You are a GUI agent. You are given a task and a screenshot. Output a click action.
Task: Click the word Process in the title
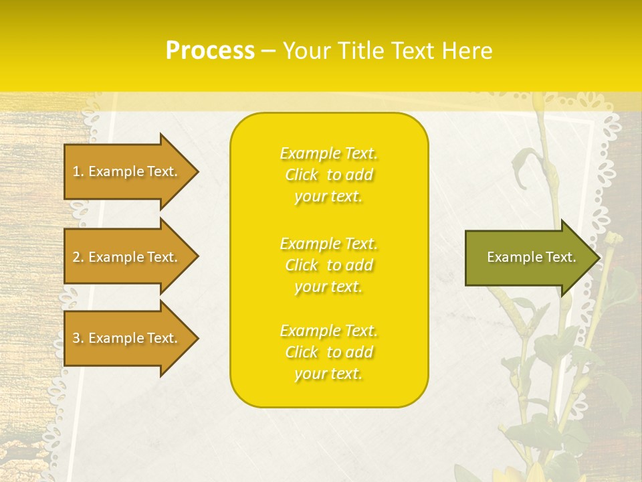pos(210,51)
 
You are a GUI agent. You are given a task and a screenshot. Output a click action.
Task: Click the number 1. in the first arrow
pos(78,171)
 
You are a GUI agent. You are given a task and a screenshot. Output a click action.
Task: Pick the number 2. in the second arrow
pos(78,257)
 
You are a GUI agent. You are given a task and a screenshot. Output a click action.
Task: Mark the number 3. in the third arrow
pos(78,338)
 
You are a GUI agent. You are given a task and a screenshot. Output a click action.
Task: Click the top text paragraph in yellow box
pos(329,175)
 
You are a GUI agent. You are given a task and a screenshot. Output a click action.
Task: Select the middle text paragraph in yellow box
pos(329,265)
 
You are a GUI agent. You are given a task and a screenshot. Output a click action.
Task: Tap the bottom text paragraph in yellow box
pos(329,352)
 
